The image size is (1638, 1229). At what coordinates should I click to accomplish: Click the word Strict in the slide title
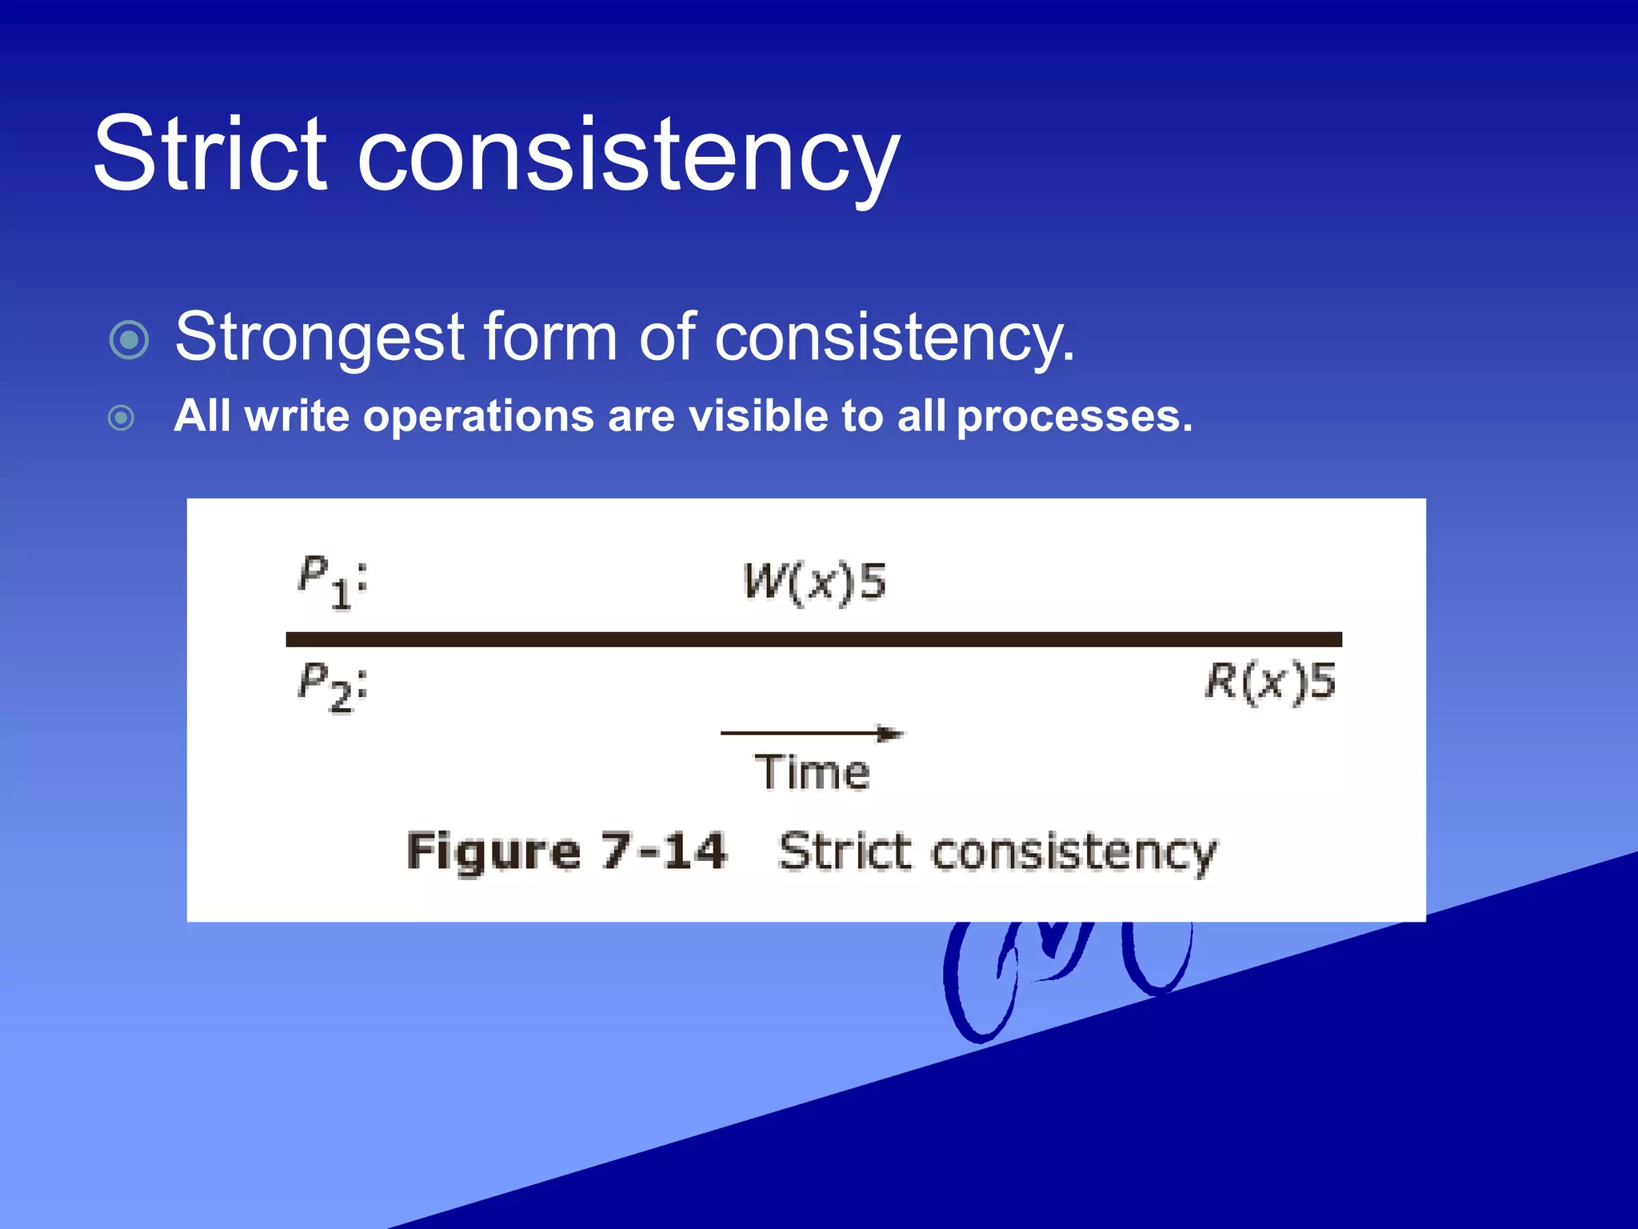[210, 154]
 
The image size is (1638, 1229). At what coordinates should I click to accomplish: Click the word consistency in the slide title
[628, 156]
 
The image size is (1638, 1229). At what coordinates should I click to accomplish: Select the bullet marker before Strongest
[129, 339]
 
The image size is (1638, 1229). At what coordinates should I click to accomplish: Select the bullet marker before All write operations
[121, 418]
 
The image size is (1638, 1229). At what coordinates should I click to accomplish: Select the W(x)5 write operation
[814, 582]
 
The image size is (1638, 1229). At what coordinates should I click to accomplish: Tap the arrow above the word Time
[811, 733]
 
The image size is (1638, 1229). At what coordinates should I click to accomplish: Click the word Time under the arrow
[812, 772]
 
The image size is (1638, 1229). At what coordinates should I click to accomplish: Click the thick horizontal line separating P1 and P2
[813, 639]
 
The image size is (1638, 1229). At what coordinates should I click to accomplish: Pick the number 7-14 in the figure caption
[664, 851]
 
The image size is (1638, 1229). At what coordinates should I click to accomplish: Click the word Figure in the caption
[493, 852]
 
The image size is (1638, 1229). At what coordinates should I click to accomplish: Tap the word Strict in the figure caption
[845, 851]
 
